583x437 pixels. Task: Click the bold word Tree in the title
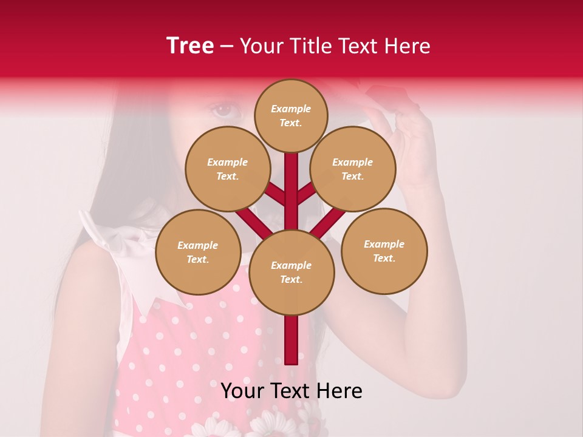190,46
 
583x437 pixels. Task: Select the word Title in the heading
310,46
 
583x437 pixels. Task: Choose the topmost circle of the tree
291,115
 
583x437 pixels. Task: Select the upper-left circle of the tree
228,169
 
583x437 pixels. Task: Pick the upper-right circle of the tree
353,169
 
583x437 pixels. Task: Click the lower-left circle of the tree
198,252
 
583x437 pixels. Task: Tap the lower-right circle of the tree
384,251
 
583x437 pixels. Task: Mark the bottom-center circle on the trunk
291,273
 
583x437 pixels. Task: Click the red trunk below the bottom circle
291,340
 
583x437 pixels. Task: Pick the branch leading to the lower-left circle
253,222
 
